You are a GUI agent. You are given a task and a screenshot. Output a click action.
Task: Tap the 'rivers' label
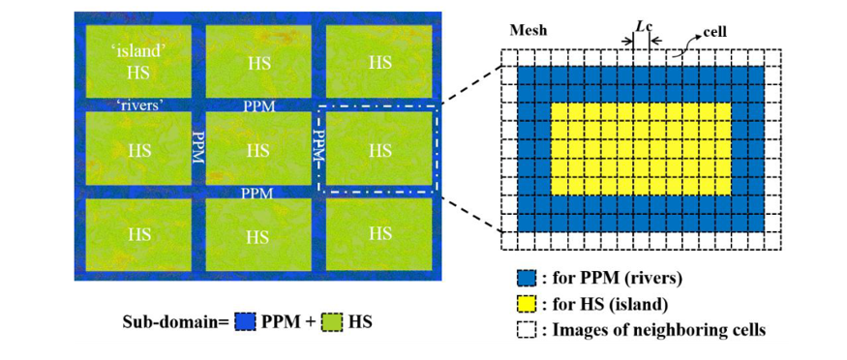pos(139,105)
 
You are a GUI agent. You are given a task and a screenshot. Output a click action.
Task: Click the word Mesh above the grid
pos(529,31)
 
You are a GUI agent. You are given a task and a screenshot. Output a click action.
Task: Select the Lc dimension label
pos(641,27)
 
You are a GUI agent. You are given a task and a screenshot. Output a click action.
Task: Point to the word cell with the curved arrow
pos(714,32)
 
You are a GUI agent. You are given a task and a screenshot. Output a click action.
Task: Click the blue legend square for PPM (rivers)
pos(526,279)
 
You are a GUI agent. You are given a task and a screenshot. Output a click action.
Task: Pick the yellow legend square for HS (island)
pos(526,304)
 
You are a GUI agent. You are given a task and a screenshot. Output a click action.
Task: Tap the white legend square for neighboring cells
pos(526,329)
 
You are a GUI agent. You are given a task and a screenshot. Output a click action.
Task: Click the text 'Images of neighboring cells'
pos(658,329)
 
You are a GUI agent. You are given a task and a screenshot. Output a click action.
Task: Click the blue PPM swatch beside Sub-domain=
pos(245,323)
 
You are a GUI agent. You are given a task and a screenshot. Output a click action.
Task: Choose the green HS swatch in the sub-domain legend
pos(332,323)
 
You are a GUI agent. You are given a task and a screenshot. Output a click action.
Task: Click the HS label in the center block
pos(257,151)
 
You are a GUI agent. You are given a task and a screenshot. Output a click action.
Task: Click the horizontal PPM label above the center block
pos(258,105)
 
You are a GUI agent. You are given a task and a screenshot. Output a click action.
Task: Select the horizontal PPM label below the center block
pos(258,193)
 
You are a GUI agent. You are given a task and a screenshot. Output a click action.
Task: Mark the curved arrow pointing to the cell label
pos(683,43)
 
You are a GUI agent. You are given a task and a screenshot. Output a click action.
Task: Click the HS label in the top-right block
pos(379,63)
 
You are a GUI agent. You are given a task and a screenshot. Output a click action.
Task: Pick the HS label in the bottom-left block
pos(138,234)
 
